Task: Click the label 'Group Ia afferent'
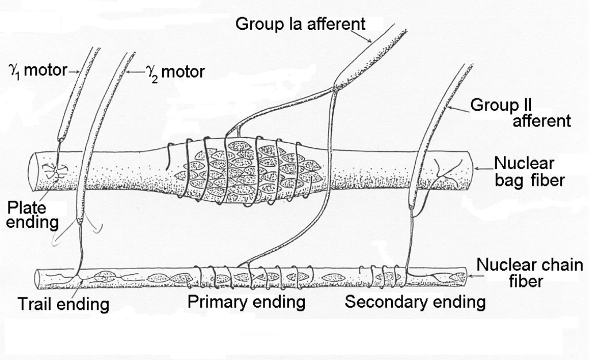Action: coord(300,24)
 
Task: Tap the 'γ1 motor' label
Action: coord(36,71)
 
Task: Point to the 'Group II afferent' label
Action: coord(521,113)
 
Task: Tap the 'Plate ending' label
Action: coord(26,214)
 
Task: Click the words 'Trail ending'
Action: coord(63,303)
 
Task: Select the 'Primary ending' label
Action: coord(246,301)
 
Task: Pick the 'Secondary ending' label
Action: coord(415,301)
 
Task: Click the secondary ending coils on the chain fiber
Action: coord(384,276)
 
